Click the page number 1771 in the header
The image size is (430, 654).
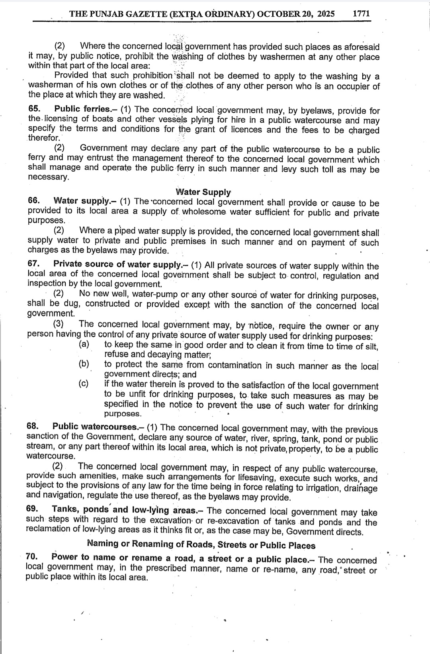point(362,14)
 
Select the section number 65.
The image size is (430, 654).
point(34,108)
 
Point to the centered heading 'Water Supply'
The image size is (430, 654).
point(203,192)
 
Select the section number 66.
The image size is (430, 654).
point(33,200)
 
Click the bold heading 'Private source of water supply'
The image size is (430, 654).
point(118,264)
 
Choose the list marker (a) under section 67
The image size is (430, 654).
point(84,344)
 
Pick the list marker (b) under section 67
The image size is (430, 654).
point(84,364)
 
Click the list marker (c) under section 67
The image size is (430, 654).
point(84,384)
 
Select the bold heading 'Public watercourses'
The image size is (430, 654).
point(96,427)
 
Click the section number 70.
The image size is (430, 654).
point(31,557)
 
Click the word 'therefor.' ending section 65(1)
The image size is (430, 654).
point(44,138)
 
